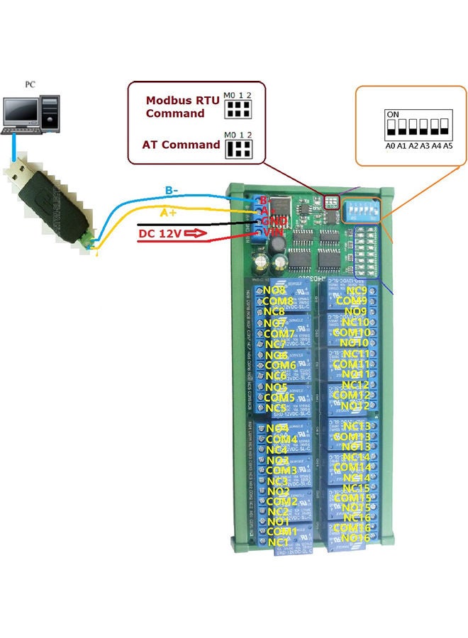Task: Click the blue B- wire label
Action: coord(171,190)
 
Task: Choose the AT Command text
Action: coord(182,145)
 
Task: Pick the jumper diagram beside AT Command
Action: coord(239,147)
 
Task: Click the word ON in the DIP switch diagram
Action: coord(391,113)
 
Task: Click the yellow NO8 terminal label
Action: coord(274,290)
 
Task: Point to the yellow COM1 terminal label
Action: coord(282,531)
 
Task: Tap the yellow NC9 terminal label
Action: coord(356,290)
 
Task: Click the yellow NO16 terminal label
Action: coord(355,538)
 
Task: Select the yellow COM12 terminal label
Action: coord(352,395)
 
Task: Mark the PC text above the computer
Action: coord(30,84)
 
